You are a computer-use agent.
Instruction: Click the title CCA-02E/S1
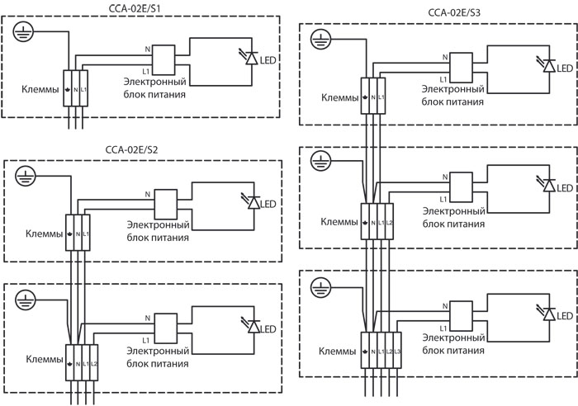pos(135,9)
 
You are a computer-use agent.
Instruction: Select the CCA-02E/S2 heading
pos(131,150)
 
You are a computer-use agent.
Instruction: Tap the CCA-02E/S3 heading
pos(454,12)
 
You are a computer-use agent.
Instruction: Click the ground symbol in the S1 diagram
pos(23,31)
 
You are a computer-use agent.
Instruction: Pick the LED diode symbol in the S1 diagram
pos(252,59)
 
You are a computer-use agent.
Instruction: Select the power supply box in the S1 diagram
pos(163,60)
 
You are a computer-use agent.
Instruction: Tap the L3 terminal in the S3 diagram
pos(397,350)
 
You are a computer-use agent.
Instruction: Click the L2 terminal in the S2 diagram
pos(93,363)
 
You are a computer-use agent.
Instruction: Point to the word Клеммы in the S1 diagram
pos(40,89)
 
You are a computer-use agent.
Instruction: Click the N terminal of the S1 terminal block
pos(76,88)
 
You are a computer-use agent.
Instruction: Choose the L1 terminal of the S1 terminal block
pos(83,88)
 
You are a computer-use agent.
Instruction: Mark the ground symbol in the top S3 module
pos(320,39)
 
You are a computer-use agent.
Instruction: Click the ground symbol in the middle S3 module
pos(320,161)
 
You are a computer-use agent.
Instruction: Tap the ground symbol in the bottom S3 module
pos(320,288)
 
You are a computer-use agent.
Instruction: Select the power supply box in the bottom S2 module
pos(165,328)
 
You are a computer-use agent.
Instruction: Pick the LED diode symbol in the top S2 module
pos(253,203)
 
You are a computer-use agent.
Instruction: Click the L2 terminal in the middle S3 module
pos(389,221)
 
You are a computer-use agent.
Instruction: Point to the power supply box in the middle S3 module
pos(461,187)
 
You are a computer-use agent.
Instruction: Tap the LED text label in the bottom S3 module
pos(565,316)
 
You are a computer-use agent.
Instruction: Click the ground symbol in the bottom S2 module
pos(26,300)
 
